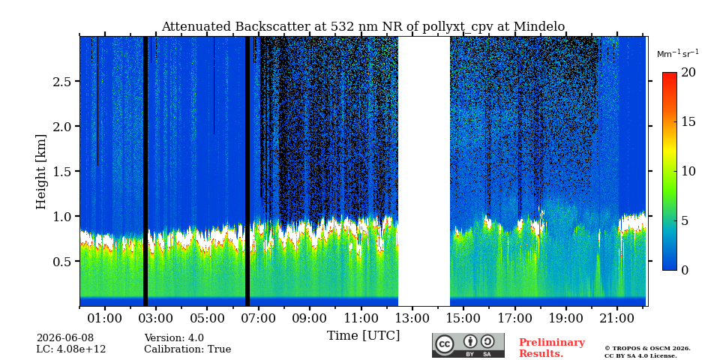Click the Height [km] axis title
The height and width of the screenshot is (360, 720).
[x=41, y=172]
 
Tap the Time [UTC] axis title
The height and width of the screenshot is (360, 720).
[x=363, y=336]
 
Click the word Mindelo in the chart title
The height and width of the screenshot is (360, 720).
[x=539, y=27]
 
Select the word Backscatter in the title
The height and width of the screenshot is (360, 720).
[x=272, y=27]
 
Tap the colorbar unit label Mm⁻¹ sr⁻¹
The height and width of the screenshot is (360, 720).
[x=678, y=54]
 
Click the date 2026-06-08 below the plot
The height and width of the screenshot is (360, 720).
[x=65, y=338]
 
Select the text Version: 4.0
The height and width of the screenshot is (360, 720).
[x=174, y=338]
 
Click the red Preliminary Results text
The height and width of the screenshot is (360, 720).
[x=552, y=348]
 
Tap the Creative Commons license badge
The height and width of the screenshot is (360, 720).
[x=468, y=345]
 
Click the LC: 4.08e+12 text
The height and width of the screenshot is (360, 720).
[x=71, y=349]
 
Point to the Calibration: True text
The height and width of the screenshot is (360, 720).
[x=187, y=349]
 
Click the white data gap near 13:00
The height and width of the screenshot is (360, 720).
[x=424, y=171]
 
